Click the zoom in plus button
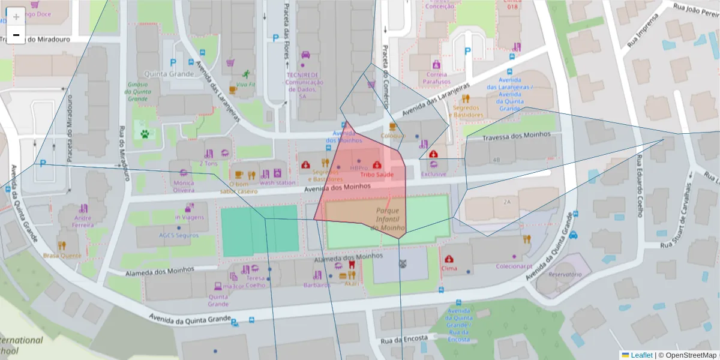pos(16,17)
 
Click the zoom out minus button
pos(16,35)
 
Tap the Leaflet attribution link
pos(637,355)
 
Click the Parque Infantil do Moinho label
pos(388,219)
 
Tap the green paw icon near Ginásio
pos(145,134)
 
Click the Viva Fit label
pos(245,84)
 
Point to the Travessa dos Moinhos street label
pos(517,135)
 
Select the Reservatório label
pos(565,274)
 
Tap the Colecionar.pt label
pos(514,266)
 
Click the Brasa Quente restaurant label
pos(62,255)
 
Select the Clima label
pos(449,268)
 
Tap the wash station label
pos(277,182)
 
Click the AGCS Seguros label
pos(178,235)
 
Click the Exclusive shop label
pos(434,174)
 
